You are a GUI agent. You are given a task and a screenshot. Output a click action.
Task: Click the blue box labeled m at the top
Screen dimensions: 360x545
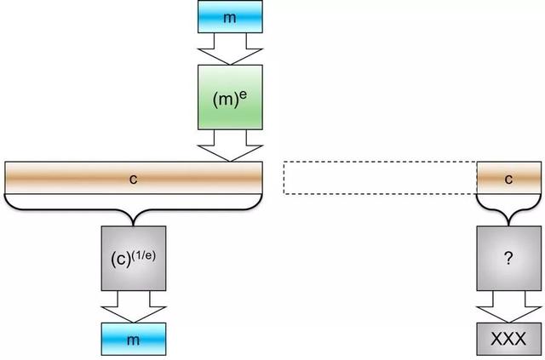[x=229, y=17]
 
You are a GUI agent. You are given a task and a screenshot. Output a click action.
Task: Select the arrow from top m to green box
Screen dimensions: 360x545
[x=229, y=49]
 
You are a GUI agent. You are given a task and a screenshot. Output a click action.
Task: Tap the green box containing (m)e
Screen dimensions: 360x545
[x=230, y=98]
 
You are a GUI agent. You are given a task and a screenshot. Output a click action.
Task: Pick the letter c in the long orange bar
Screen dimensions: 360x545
[x=133, y=179]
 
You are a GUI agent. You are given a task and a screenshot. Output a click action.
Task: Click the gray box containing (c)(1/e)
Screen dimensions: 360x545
[x=133, y=258]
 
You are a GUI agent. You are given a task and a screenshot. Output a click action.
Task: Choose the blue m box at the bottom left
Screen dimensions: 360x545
[x=133, y=339]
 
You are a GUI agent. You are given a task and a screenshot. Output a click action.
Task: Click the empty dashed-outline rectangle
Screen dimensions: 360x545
[x=380, y=179]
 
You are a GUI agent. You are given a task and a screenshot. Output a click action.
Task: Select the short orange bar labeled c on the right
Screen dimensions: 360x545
[x=508, y=179]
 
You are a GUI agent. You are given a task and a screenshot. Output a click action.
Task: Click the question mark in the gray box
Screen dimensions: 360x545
[x=508, y=259]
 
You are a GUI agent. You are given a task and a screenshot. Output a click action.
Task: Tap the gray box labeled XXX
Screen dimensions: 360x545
[x=508, y=339]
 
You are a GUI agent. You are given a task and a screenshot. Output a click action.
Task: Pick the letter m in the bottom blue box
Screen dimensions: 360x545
[x=133, y=339]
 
